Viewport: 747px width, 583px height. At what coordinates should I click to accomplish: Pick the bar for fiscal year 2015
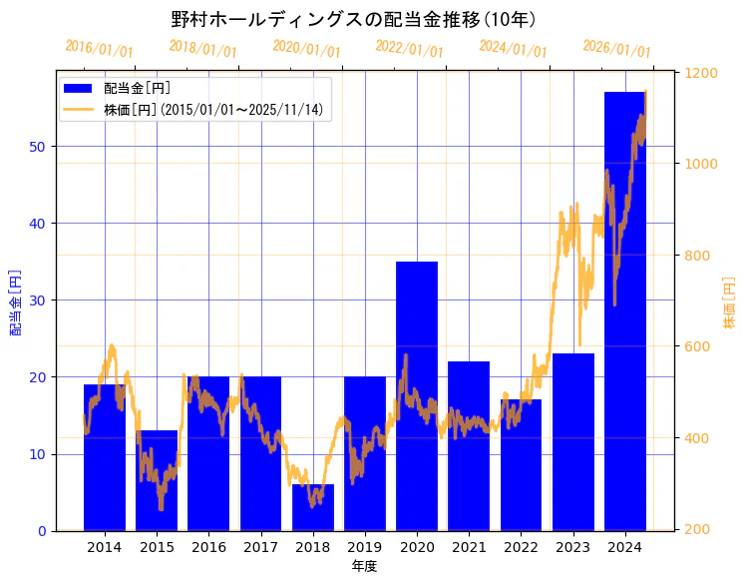[157, 480]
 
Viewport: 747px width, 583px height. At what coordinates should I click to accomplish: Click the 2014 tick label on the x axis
[105, 547]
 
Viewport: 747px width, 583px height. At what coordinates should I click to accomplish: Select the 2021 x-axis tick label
[469, 547]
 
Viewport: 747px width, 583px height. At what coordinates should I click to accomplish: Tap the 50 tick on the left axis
[39, 147]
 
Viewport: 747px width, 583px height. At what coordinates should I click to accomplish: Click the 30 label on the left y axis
[39, 300]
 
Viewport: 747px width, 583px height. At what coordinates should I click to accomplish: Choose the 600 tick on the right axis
[697, 347]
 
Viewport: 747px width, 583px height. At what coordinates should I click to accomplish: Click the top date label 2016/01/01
[99, 48]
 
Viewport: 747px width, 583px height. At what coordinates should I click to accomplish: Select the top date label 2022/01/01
[409, 48]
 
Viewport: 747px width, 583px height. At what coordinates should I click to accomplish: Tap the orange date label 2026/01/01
[616, 48]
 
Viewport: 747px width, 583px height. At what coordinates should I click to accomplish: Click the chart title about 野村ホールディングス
[353, 20]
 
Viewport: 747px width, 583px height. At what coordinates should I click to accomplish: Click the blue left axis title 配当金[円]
[15, 300]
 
